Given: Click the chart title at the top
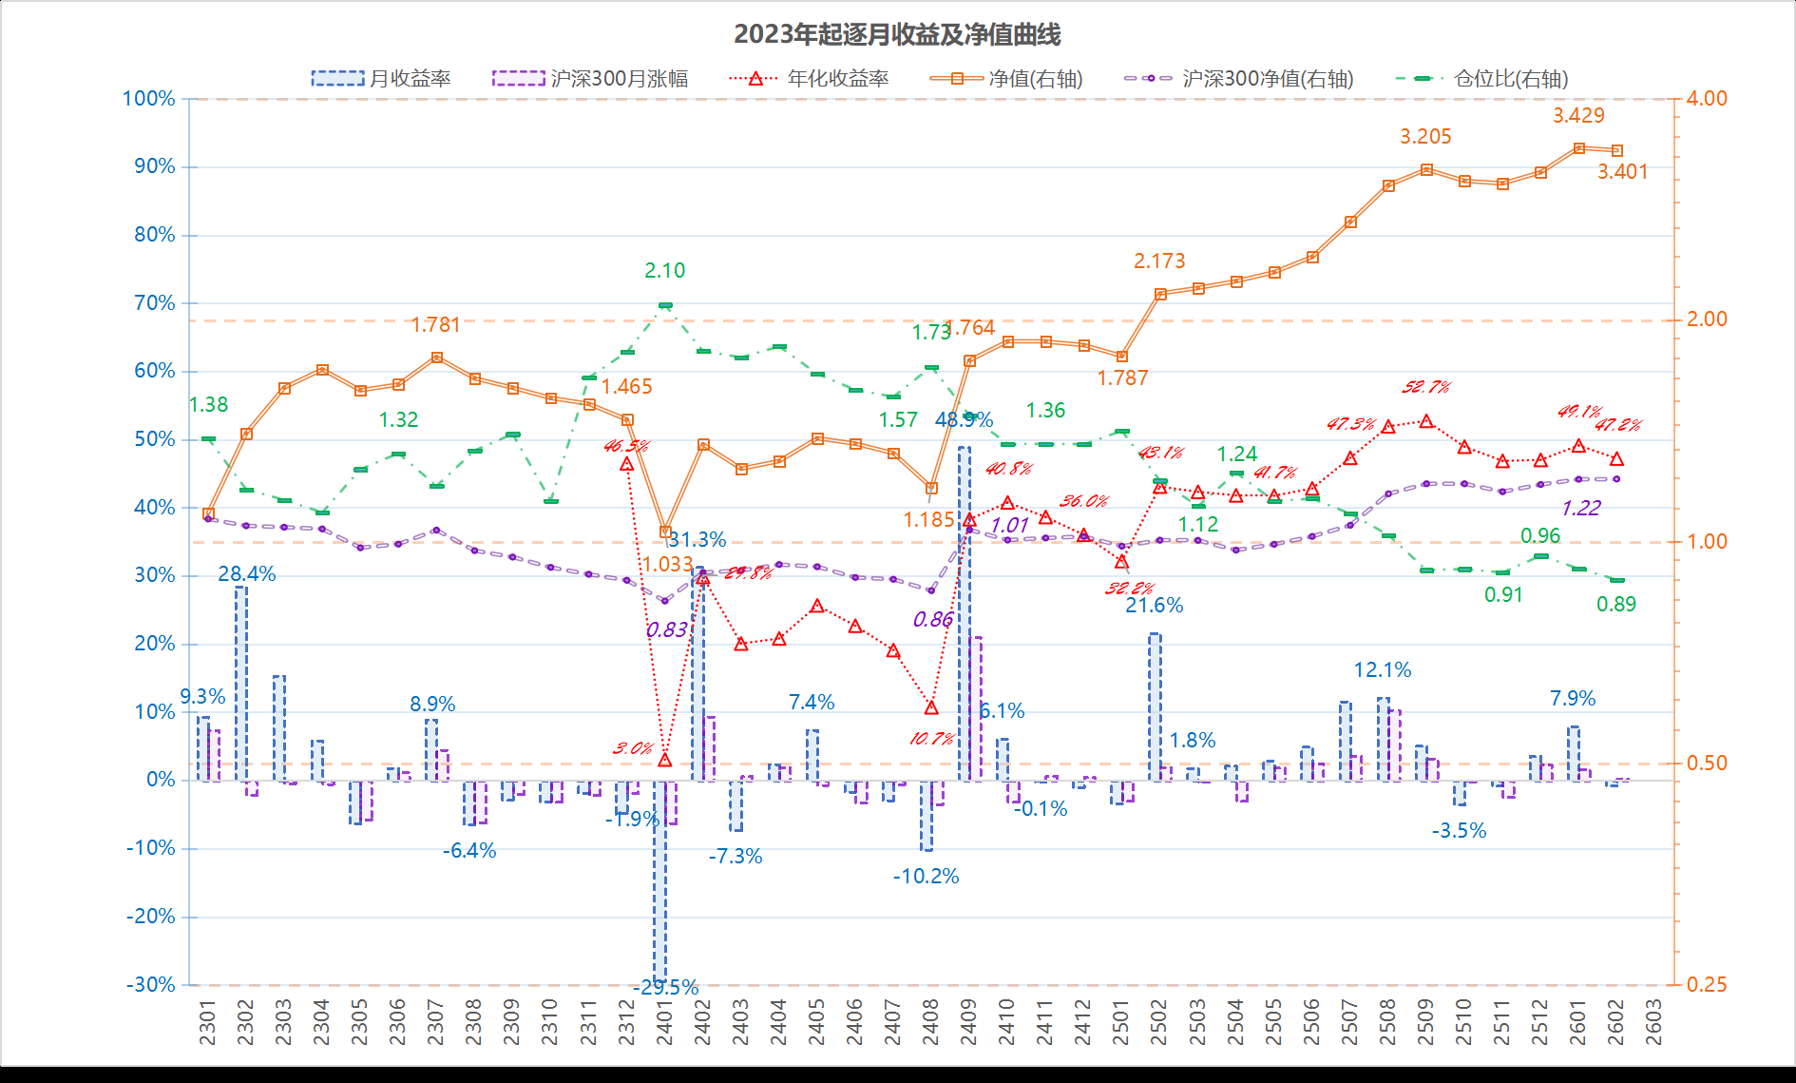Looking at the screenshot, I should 897,34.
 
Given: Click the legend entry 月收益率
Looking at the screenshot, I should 381,78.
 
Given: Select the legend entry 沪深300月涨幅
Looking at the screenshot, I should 590,78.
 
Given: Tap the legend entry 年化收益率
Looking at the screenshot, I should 809,78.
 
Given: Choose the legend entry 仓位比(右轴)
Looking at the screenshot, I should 1482,78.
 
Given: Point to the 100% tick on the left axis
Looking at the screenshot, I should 149,99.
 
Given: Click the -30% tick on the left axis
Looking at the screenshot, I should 151,985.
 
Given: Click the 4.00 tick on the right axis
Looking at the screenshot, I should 1707,99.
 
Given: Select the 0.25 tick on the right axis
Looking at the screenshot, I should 1707,985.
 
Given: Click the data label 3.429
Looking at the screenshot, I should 1578,116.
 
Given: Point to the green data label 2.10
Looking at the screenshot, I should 664,271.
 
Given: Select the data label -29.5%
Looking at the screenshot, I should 666,988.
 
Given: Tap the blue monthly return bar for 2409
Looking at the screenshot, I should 964,613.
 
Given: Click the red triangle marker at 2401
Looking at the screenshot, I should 665,760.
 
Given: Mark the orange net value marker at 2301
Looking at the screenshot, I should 208,513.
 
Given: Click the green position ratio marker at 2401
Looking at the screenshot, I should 665,305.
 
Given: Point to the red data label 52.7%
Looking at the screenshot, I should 1426,387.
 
